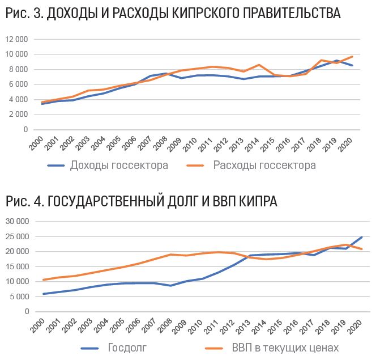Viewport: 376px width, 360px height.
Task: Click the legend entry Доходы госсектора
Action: pyautogui.click(x=118, y=166)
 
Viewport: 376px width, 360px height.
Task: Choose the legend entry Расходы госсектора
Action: pyautogui.click(x=264, y=166)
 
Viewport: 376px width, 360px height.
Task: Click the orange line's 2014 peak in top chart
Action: pyautogui.click(x=259, y=65)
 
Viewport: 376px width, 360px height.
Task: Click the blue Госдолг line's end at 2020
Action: pyautogui.click(x=361, y=238)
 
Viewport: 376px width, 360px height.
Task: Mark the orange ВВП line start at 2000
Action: pyautogui.click(x=43, y=279)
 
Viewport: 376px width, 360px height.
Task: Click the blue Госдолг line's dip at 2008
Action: pyautogui.click(x=170, y=285)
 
